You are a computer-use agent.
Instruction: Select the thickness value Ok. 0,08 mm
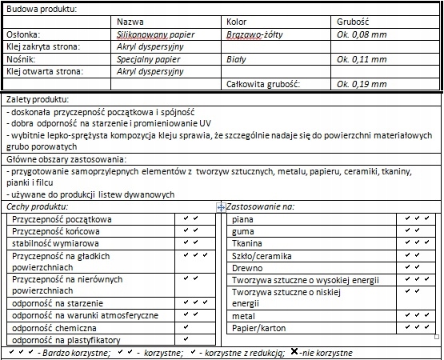tap(362, 36)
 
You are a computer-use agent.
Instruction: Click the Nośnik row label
tap(22, 58)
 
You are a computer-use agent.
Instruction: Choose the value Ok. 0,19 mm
tap(362, 83)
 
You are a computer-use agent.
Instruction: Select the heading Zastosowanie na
tap(261, 206)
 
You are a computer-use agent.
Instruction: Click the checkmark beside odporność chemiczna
tap(186, 326)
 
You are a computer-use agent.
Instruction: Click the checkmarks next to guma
tap(417, 230)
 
